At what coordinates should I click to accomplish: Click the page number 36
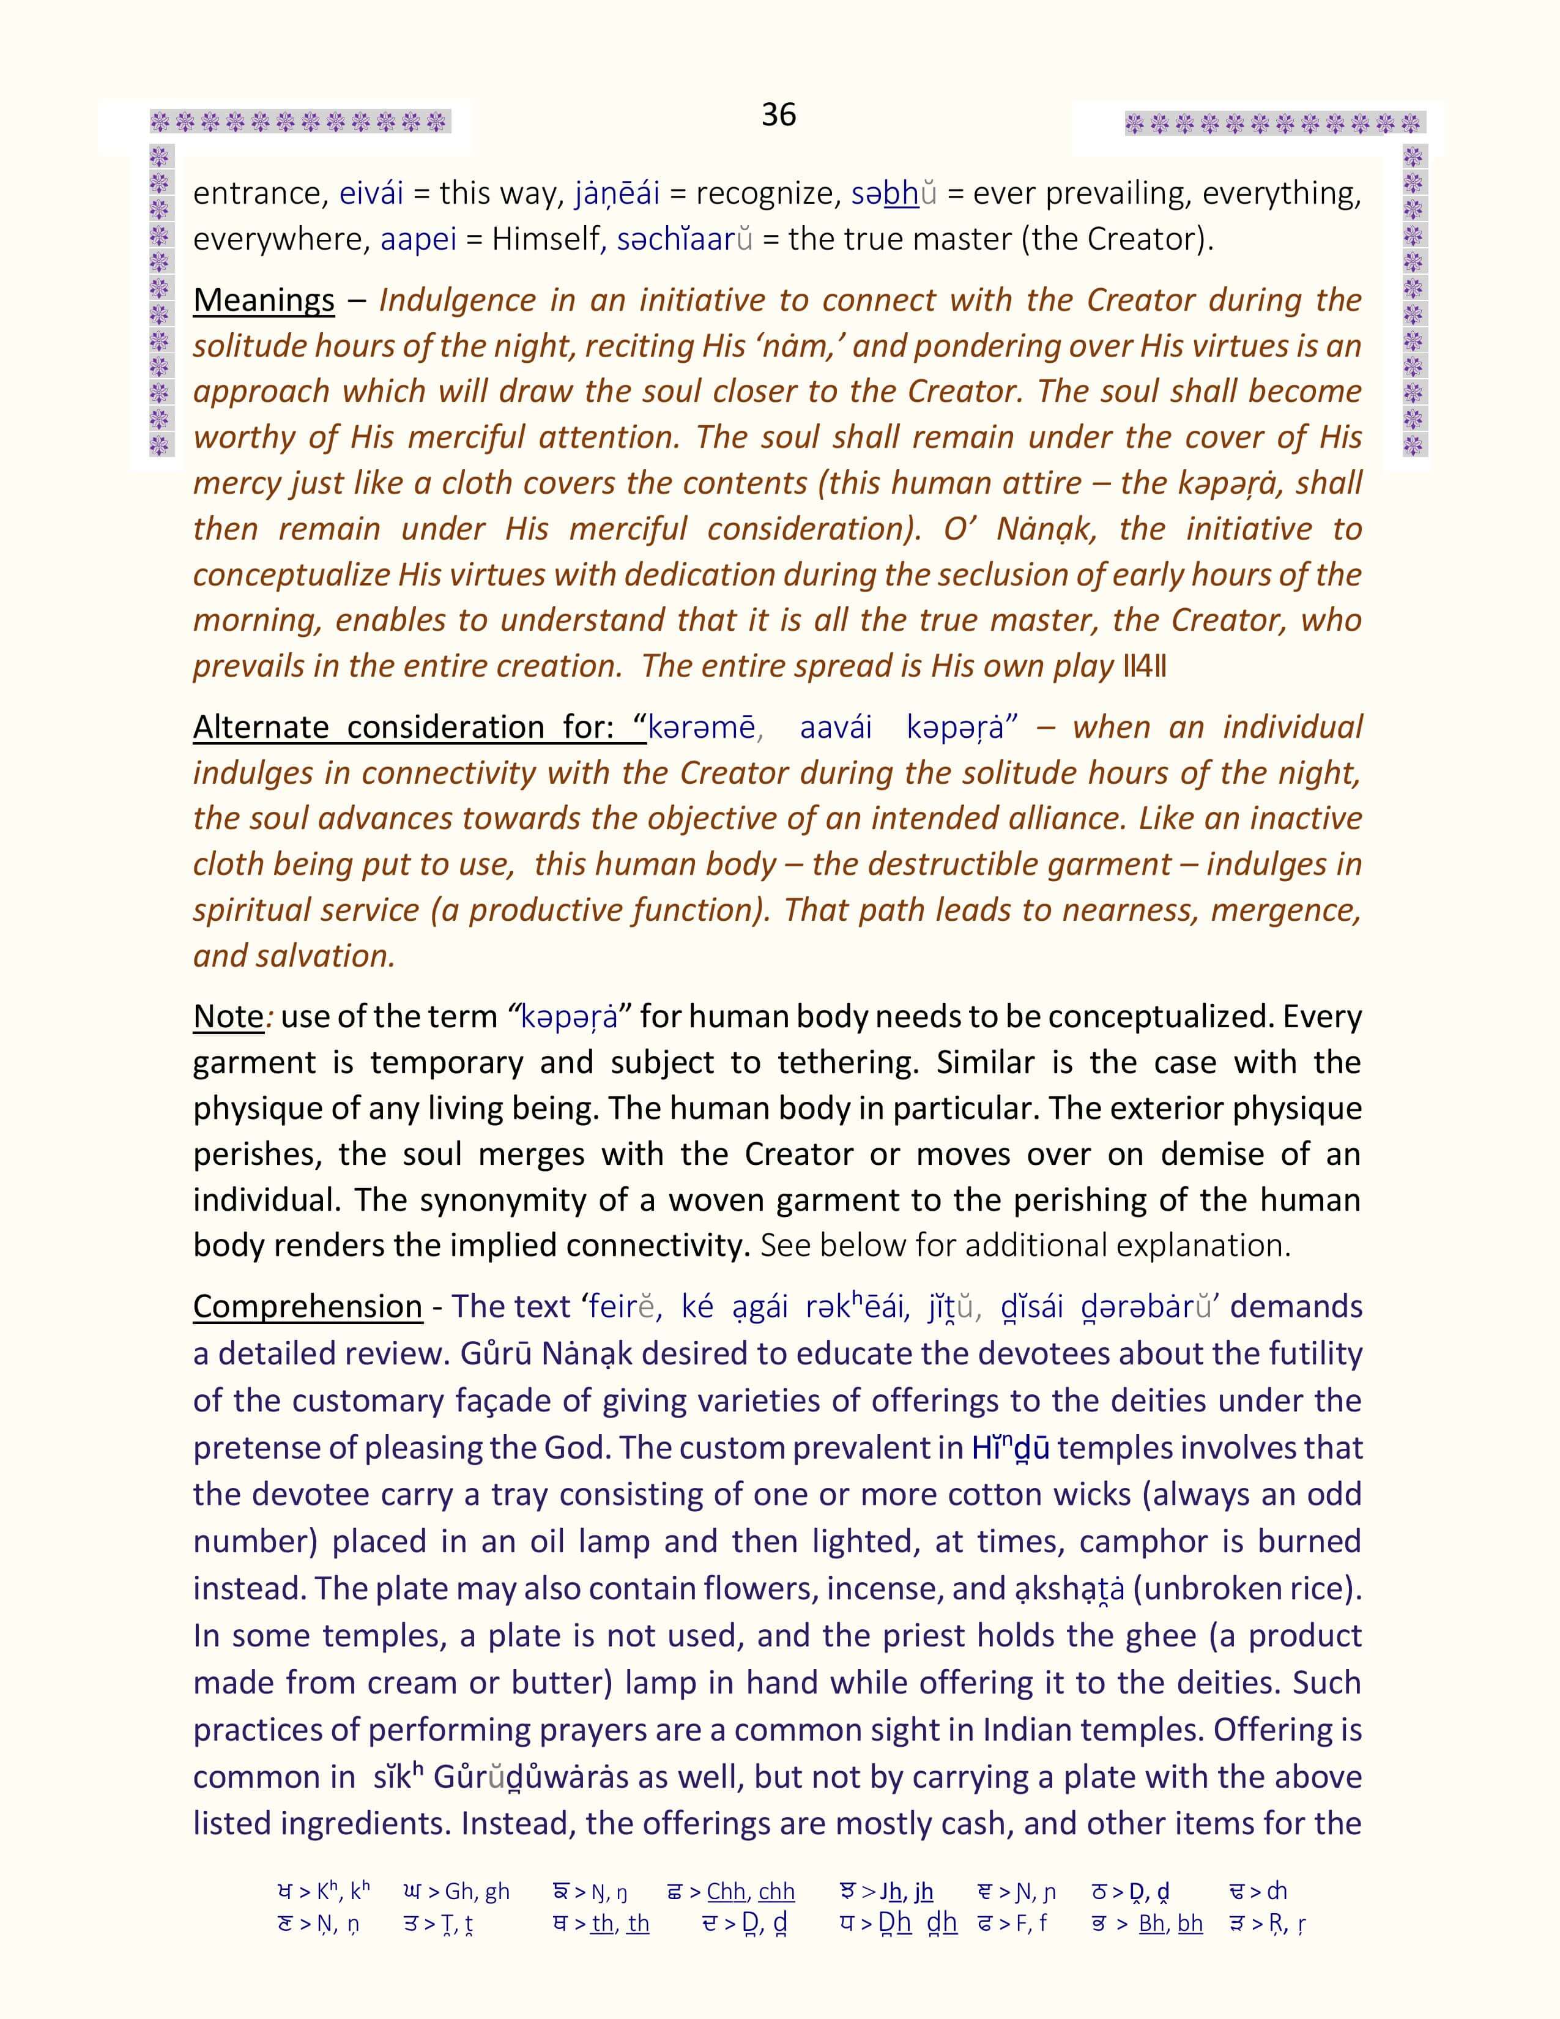click(x=778, y=114)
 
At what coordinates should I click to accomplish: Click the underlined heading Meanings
click(x=264, y=300)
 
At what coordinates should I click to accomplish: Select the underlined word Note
click(x=228, y=1016)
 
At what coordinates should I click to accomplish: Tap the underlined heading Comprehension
click(x=307, y=1306)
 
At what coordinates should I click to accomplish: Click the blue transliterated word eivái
click(x=371, y=193)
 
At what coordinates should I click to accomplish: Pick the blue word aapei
click(x=418, y=239)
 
